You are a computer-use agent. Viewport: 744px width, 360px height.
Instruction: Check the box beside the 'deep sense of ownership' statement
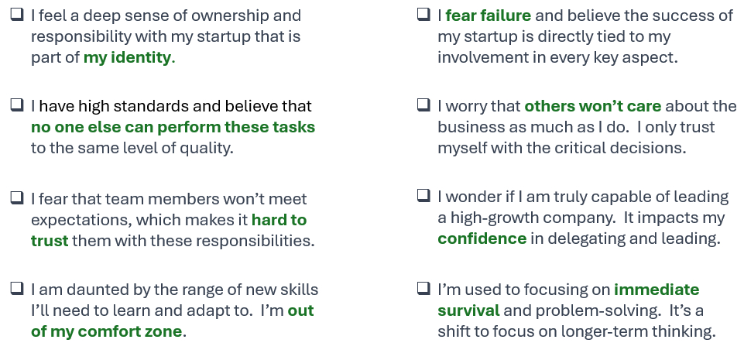pos(17,15)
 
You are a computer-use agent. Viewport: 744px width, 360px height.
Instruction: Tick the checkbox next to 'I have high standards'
pos(17,105)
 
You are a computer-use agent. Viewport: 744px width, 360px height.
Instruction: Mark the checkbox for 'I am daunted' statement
pos(17,288)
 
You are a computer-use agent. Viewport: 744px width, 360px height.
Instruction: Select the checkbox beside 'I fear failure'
pos(423,15)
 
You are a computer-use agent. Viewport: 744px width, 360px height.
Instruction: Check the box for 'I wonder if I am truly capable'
pos(423,195)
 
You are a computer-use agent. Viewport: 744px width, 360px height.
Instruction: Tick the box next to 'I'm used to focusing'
pos(423,288)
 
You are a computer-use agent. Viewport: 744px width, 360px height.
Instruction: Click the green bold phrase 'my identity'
pos(127,58)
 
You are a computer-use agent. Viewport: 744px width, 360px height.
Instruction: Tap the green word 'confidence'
pos(482,238)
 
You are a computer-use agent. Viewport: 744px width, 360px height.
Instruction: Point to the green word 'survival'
pos(468,310)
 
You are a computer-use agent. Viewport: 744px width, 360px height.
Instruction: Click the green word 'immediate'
pos(657,290)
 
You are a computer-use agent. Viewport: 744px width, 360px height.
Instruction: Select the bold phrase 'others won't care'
pos(592,106)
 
